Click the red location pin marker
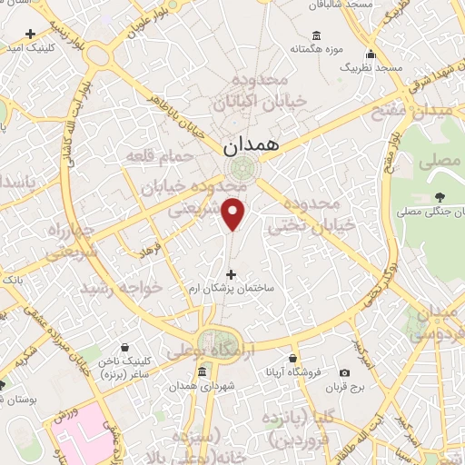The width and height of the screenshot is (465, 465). point(235,213)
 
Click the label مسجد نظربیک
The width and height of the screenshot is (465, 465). point(371,68)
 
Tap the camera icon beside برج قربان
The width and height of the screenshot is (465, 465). point(344,372)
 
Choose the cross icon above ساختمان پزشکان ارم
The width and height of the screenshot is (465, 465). point(230,274)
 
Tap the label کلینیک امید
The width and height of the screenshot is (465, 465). point(34,46)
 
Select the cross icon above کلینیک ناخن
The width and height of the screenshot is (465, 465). point(136,346)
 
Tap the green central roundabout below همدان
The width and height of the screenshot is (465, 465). point(242,170)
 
